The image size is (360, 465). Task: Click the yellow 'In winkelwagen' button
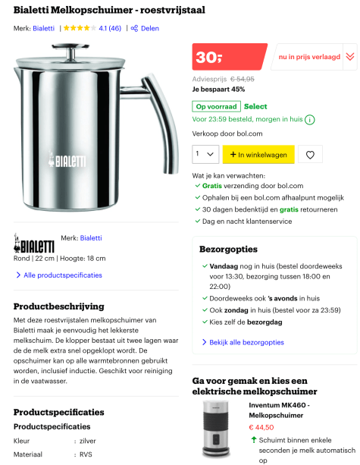(258, 155)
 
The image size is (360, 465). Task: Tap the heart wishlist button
(309, 155)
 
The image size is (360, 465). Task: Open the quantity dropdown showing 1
(205, 155)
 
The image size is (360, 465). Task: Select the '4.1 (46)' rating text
(109, 28)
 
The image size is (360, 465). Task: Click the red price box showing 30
(228, 57)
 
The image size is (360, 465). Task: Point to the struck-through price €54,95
(242, 78)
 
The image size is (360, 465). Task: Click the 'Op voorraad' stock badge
(217, 106)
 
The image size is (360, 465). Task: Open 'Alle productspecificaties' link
(62, 275)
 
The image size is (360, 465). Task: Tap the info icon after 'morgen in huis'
(310, 119)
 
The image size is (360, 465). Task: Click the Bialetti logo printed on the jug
(68, 160)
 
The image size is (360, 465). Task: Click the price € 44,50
(261, 427)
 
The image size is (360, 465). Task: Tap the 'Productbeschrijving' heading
(59, 306)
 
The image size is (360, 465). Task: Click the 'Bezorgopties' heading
(228, 249)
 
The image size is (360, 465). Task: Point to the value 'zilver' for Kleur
(89, 440)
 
